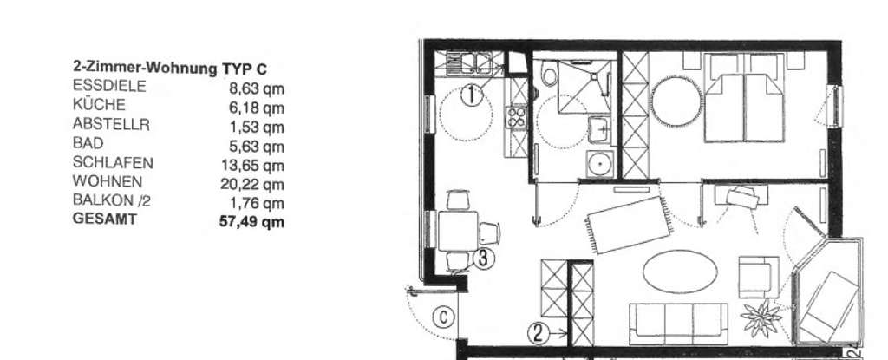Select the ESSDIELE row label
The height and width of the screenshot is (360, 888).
pos(109,86)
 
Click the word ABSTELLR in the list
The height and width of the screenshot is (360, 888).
pos(111,124)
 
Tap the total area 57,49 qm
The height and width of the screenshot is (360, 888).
pos(252,221)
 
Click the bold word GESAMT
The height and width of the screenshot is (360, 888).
pos(104,220)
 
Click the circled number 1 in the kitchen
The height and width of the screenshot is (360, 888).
pos(470,95)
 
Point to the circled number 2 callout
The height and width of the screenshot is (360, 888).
pos(539,331)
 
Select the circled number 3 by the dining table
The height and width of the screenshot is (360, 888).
pos(484,257)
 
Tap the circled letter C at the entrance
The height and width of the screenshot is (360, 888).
pos(443,317)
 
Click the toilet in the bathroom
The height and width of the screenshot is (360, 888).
pos(547,78)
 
